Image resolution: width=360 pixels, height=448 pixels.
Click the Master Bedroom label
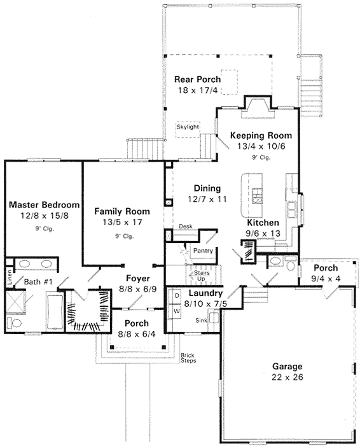tap(44, 205)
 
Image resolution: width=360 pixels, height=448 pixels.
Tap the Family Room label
tap(122, 211)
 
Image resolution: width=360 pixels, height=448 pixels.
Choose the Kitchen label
tap(263, 223)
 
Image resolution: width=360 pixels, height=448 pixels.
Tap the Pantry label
tap(203, 251)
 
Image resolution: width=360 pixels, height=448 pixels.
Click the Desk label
tap(185, 226)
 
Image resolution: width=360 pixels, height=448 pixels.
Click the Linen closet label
tap(10, 278)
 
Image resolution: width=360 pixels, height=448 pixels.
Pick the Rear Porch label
tap(197, 80)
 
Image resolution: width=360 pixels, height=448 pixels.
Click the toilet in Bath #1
tap(14, 323)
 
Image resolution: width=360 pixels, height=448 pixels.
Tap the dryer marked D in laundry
tap(176, 295)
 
